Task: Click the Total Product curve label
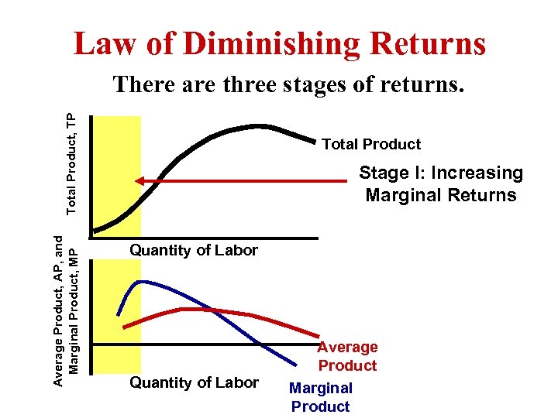click(370, 144)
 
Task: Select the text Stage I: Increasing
click(440, 173)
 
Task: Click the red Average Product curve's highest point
click(190, 309)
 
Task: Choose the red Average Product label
click(347, 356)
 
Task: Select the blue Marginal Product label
click(320, 397)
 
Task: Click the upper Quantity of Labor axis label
click(194, 250)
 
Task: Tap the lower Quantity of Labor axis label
click(194, 382)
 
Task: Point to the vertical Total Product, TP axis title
click(71, 163)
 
